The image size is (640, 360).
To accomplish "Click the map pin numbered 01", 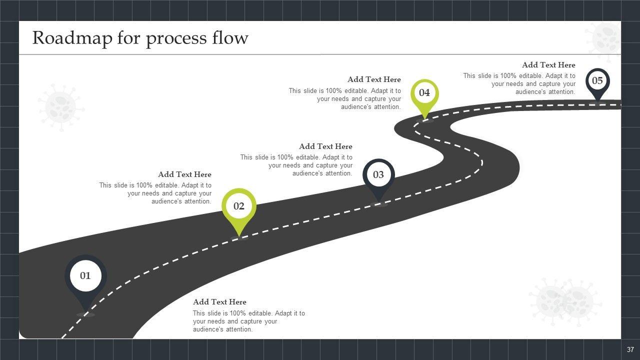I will click(85, 276).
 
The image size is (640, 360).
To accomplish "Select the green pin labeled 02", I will click(239, 206).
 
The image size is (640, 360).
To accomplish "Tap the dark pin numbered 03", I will click(378, 175).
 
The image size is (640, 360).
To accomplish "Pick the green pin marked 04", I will click(424, 93).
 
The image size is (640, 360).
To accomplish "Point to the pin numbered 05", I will click(597, 81).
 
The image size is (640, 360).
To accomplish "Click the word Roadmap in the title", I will click(72, 38).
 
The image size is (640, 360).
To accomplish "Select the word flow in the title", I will click(231, 38).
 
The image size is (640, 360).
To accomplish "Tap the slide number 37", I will click(630, 349).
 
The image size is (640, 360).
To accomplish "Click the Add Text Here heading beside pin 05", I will click(548, 65).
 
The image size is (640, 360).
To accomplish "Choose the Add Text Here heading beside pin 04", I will click(374, 79).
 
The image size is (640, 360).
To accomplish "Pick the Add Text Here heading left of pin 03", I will click(325, 146).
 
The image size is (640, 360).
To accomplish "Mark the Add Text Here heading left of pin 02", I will click(184, 174).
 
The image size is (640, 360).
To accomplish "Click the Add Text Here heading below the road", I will click(219, 302).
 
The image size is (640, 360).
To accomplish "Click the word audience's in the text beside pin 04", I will click(358, 107).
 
